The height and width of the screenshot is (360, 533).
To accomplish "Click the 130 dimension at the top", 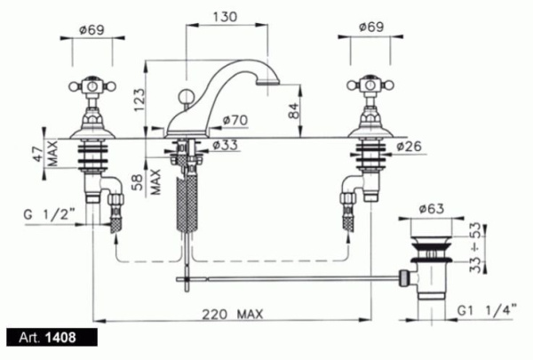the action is pos(225,17).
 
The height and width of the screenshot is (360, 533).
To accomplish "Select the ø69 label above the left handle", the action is pos(91,30).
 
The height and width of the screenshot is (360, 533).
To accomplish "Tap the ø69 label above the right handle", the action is pos(371,27).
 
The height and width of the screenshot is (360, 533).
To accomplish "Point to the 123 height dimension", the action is pos(139,100).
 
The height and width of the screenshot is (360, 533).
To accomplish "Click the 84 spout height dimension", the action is pos(294,110).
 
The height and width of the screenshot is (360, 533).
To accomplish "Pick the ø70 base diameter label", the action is pos(235,120).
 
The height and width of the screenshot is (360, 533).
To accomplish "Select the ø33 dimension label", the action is pos(225,145).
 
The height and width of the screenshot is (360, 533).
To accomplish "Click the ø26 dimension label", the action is pos(409,147).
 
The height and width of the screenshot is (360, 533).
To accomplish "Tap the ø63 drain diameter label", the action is pos(432,208).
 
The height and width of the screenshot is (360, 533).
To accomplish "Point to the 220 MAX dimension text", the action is pos(233,314).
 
